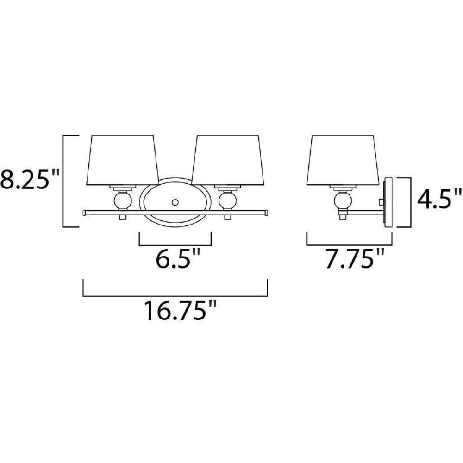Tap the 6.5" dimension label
pos(178,259)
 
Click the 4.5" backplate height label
pos(439,199)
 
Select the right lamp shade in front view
pos(228,160)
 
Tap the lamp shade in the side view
pos(343,160)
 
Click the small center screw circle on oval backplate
pos(175,202)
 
